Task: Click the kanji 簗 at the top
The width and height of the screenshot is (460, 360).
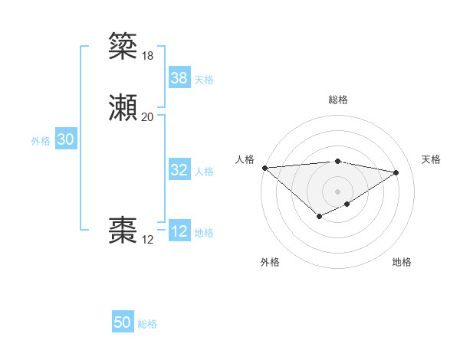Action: pos(124,46)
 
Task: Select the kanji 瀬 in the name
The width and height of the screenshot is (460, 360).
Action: pos(124,108)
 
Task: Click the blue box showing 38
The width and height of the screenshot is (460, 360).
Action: pos(179,77)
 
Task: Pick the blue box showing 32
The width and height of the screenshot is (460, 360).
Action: pos(179,170)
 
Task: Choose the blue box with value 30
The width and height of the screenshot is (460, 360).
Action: pos(66,139)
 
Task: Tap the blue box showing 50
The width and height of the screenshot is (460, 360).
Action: pos(123,322)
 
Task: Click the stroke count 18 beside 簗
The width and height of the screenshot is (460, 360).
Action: pos(147,55)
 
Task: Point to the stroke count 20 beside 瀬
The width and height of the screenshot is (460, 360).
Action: pos(147,117)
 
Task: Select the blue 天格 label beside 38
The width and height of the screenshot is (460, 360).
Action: pos(204,79)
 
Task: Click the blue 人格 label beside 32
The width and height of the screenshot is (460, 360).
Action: pos(204,172)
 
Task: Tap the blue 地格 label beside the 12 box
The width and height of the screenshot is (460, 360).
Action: pos(204,233)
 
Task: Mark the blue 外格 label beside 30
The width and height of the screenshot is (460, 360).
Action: pos(41,140)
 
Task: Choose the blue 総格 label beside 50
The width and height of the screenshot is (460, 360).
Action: pos(147,324)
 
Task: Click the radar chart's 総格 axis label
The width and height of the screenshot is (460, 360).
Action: pos(338,100)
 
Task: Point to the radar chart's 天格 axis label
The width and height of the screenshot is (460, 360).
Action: pos(431,159)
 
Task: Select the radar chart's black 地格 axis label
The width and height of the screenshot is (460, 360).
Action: pos(402,262)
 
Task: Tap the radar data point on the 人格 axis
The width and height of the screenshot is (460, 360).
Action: pos(264,168)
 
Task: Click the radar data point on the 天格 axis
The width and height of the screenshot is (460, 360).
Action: pos(396,172)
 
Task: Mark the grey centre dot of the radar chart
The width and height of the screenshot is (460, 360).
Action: pos(338,191)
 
